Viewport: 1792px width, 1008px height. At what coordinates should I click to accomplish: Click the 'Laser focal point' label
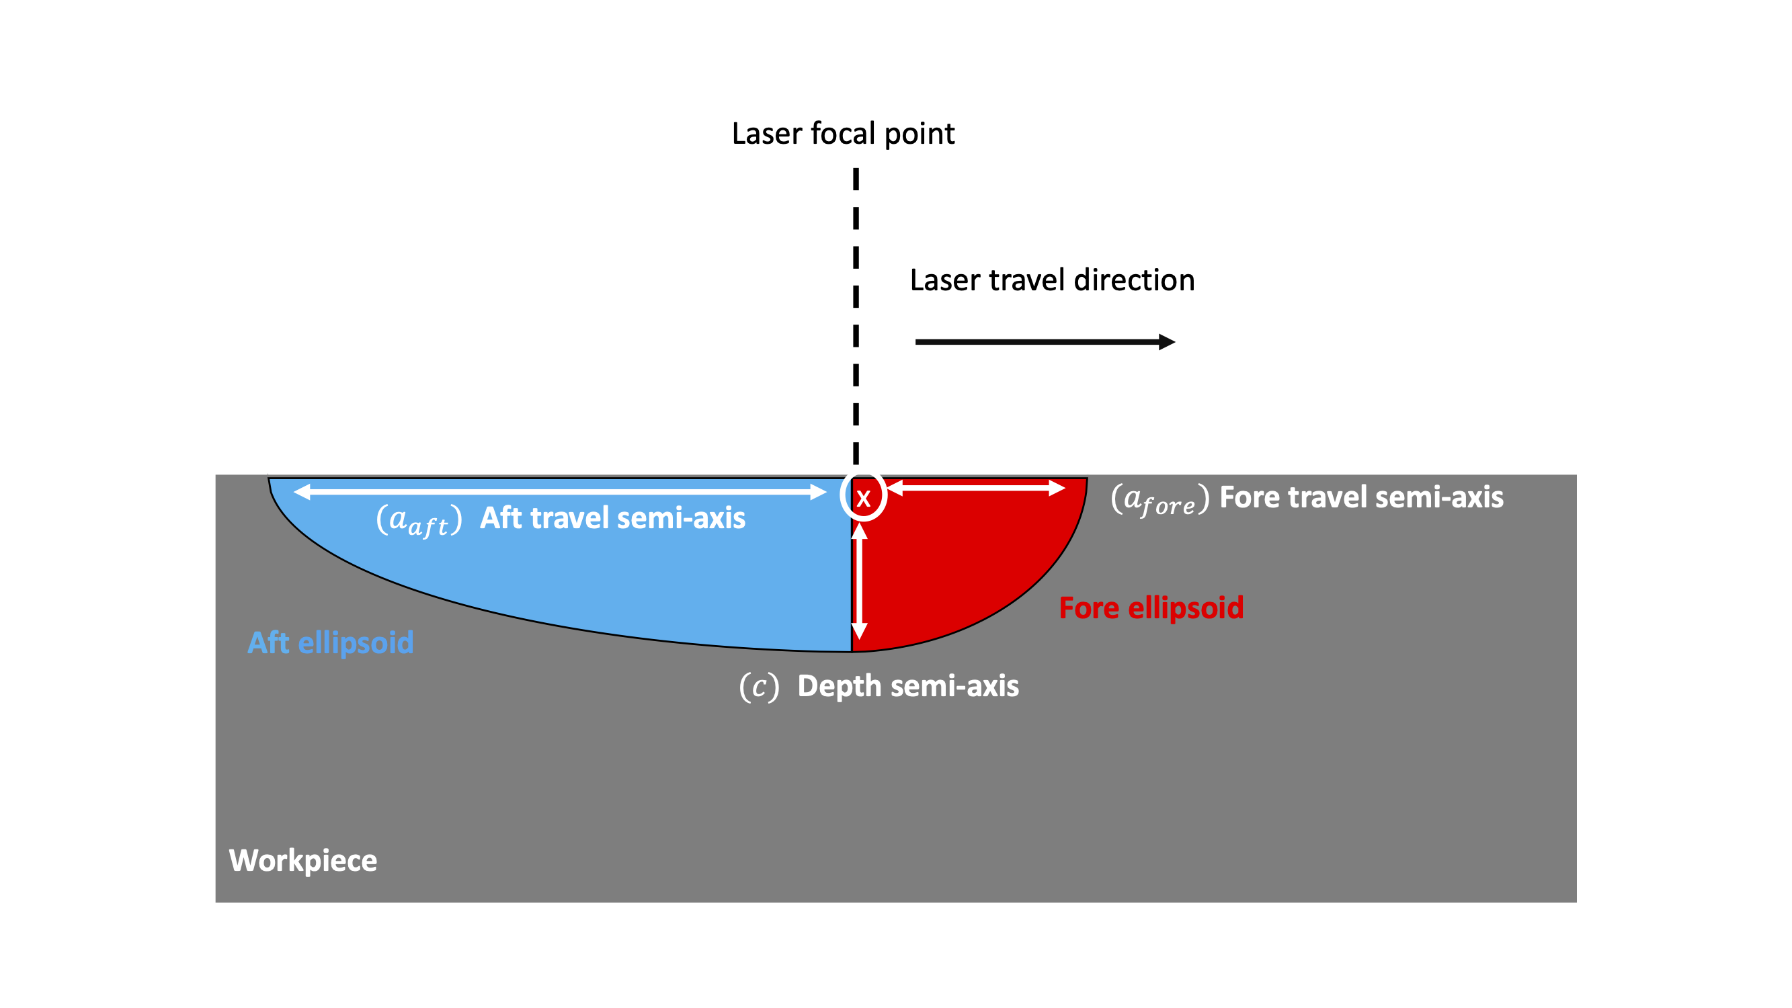click(843, 134)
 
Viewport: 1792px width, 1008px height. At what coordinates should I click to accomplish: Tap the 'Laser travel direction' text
click(1052, 280)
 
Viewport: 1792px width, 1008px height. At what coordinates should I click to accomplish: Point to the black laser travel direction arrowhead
click(1168, 341)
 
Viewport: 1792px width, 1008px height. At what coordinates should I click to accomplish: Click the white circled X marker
click(862, 497)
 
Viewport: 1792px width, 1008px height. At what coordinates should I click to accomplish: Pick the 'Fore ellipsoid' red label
click(1151, 607)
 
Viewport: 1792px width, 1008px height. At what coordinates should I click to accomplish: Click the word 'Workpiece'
click(303, 861)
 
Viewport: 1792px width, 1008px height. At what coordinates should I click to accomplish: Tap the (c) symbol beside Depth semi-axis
click(759, 687)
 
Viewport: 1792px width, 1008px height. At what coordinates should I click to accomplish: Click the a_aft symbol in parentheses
click(419, 520)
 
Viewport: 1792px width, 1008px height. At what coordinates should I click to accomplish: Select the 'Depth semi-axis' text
click(908, 686)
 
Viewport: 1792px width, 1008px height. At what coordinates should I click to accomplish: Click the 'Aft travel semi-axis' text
click(612, 518)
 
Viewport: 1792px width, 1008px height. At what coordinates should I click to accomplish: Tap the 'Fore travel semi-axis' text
click(1361, 497)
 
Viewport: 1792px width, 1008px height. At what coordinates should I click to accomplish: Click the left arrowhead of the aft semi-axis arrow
click(301, 493)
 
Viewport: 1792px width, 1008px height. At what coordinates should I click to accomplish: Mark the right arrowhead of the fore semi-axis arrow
click(1057, 489)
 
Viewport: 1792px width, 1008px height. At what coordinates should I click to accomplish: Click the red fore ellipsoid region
click(960, 571)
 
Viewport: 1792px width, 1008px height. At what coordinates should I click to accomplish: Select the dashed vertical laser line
click(856, 313)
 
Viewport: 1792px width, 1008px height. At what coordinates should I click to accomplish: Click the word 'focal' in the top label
click(844, 134)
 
